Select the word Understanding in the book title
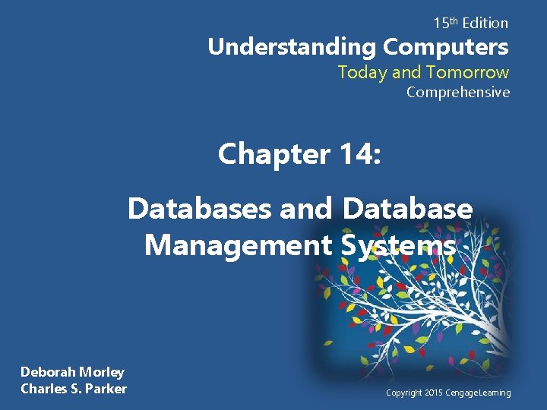click(292, 47)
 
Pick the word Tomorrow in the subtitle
click(467, 72)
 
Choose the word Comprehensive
click(457, 93)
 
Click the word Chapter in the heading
click(269, 154)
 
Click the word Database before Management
click(407, 207)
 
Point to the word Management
click(237, 245)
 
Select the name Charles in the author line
click(45, 389)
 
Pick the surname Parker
click(106, 389)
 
